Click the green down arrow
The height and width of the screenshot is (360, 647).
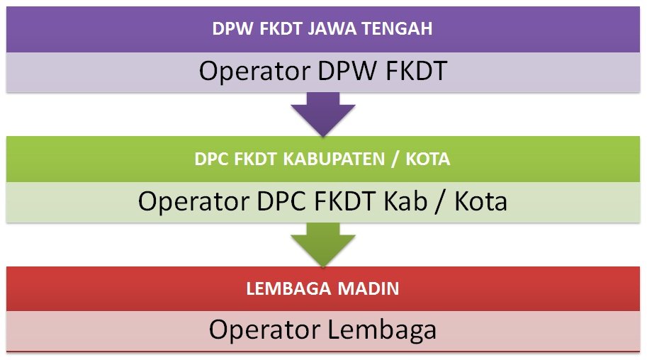[x=323, y=245]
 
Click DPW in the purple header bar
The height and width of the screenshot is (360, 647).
[x=230, y=29]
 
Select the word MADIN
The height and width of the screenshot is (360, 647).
[x=367, y=288]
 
